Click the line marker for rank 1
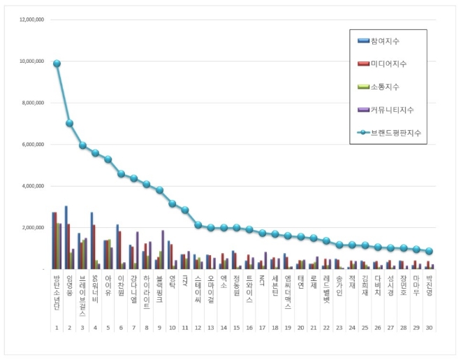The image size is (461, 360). click(57, 64)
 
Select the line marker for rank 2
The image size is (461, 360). click(69, 123)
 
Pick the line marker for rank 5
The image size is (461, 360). click(108, 159)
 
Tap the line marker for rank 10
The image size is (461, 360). click(172, 203)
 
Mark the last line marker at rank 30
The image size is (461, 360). click(429, 251)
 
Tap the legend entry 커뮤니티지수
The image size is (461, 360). click(395, 109)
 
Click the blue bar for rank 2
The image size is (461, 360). click(66, 238)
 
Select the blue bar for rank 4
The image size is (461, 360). click(92, 240)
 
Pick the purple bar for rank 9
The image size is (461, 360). click(163, 250)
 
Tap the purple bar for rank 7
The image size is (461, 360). click(138, 250)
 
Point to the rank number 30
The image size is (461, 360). click(429, 327)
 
